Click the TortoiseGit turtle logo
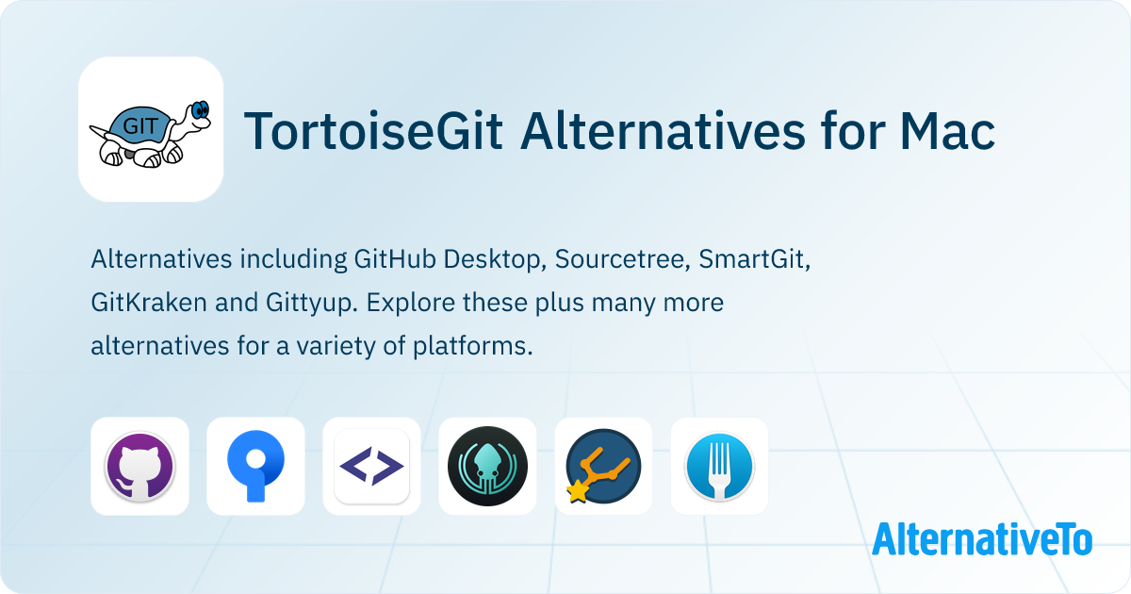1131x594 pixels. (151, 129)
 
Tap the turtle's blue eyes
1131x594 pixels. (200, 110)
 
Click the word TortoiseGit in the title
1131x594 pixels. (373, 131)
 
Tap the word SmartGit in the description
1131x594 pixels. (755, 258)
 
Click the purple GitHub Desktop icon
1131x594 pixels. (139, 466)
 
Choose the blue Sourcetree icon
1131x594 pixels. (255, 466)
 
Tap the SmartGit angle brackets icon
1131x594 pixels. (371, 466)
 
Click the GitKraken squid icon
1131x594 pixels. (487, 466)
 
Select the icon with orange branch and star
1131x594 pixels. (603, 466)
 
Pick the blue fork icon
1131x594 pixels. (719, 466)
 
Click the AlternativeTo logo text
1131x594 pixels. (982, 539)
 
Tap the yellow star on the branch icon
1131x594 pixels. (577, 492)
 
